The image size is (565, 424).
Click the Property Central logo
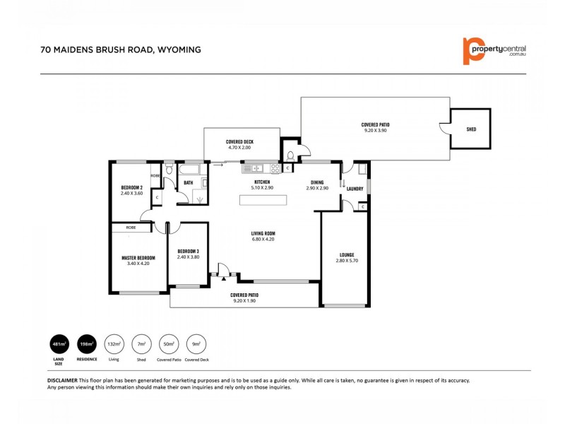(x=494, y=50)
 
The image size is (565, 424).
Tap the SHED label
(x=471, y=130)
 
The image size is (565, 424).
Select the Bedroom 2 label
(x=131, y=187)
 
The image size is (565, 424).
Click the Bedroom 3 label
(x=187, y=251)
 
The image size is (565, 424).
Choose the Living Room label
(x=263, y=234)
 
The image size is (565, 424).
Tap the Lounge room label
(x=346, y=254)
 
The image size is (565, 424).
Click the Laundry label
(x=355, y=189)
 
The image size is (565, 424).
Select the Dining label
(x=317, y=182)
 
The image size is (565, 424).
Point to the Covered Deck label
(x=239, y=142)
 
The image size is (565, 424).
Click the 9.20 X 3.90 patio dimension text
(x=375, y=131)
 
